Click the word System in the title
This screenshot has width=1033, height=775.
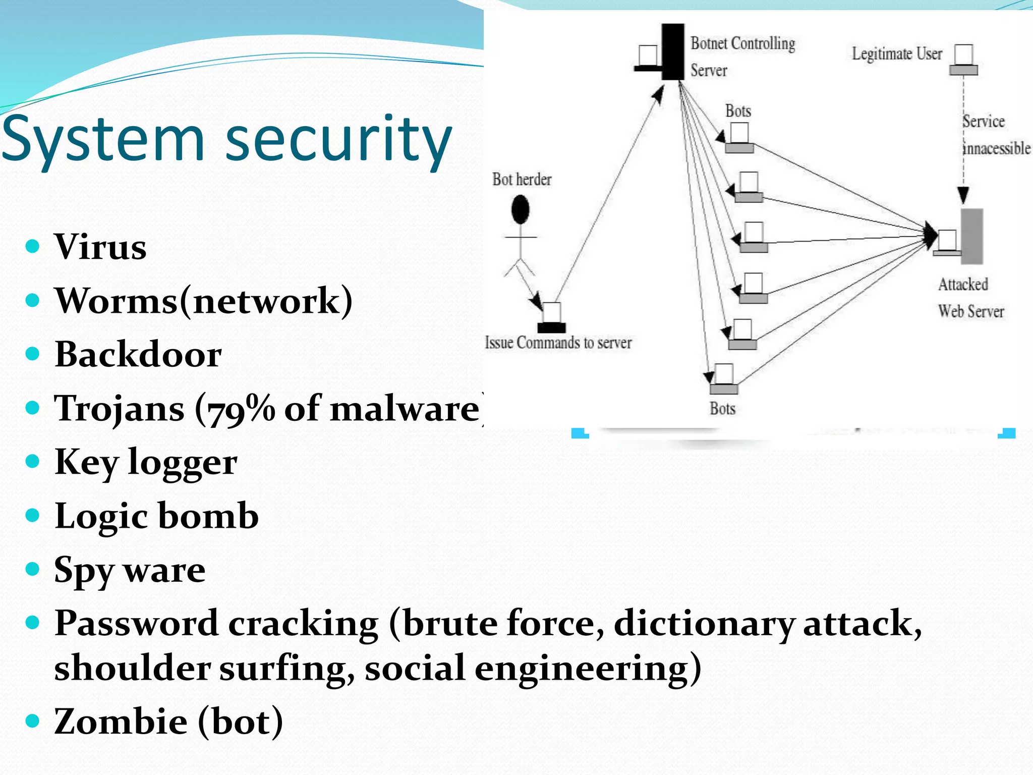click(103, 139)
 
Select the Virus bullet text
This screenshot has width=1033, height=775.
click(100, 247)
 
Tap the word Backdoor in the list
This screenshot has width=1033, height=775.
click(138, 354)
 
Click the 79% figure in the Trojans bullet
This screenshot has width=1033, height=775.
click(235, 409)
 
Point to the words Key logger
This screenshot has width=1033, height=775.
click(146, 462)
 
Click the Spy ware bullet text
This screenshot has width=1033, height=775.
click(130, 570)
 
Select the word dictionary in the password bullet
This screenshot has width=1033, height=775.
click(704, 624)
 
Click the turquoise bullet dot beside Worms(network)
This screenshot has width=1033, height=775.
click(32, 301)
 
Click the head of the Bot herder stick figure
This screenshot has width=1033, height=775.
click(520, 209)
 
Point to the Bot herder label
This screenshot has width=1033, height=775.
click(522, 180)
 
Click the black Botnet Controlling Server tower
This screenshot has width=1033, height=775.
click(673, 51)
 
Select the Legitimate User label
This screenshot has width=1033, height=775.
click(897, 53)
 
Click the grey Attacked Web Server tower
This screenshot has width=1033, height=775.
click(971, 236)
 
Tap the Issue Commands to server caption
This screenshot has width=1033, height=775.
click(558, 343)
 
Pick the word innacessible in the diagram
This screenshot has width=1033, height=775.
click(997, 149)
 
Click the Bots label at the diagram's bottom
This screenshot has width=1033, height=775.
click(722, 409)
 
